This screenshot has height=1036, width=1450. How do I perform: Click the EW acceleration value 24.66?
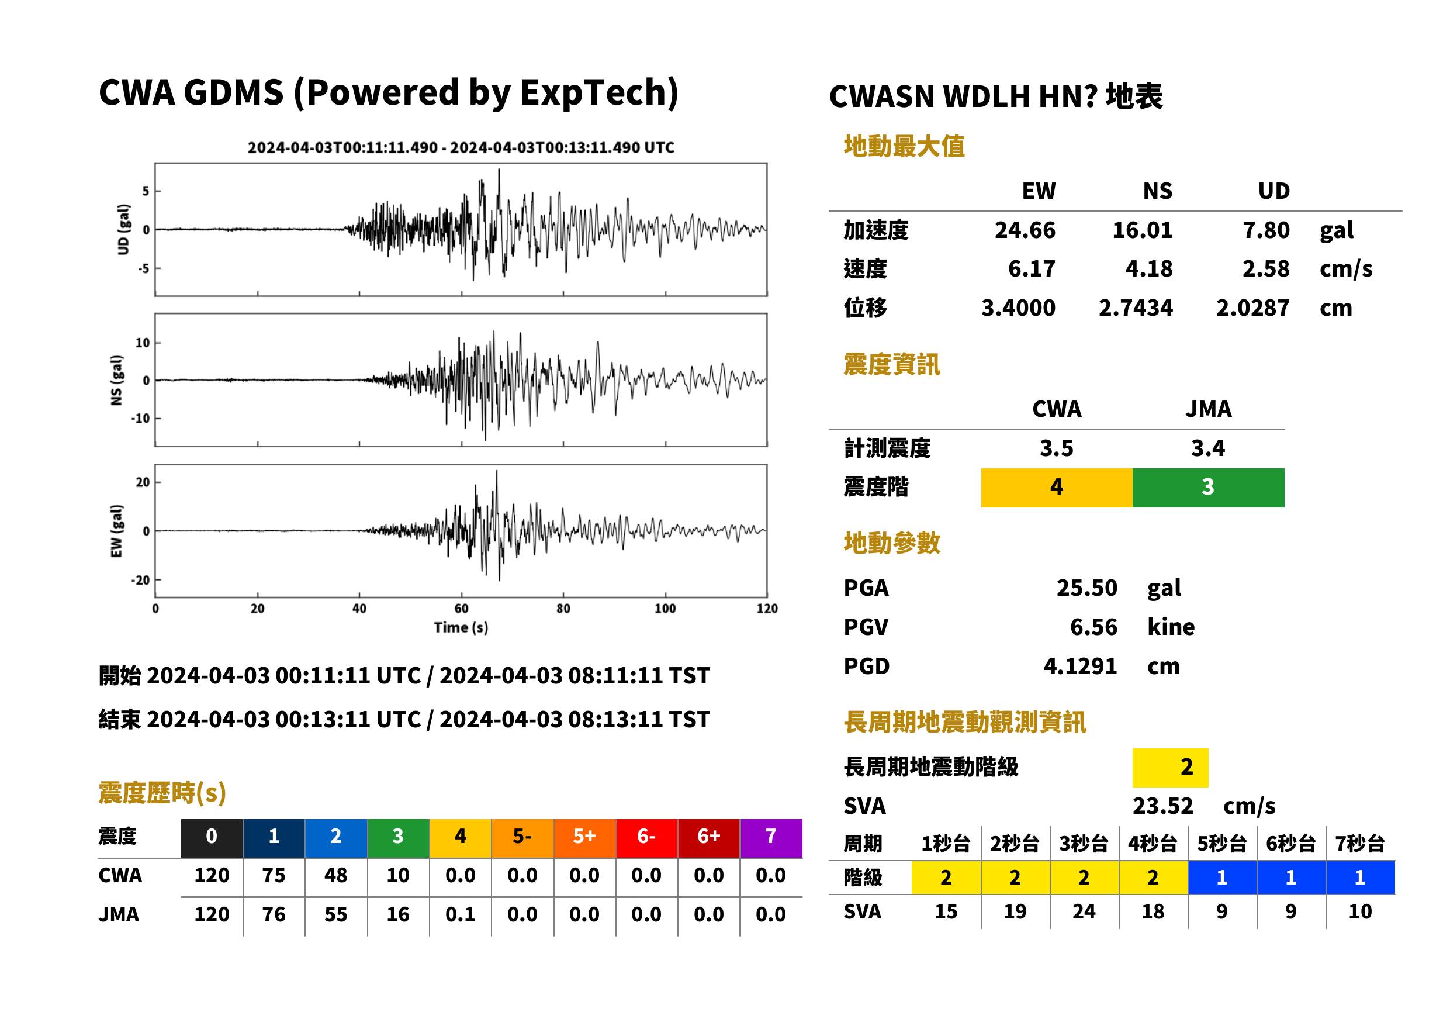1024,230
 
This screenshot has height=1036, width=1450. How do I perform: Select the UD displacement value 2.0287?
1252,308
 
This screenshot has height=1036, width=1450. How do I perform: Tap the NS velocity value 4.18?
1148,268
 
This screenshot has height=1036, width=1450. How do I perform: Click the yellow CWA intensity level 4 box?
1056,488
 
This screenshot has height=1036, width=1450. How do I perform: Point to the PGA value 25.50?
1086,588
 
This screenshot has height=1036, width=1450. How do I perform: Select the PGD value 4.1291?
1080,666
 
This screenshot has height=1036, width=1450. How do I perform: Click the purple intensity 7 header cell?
771,838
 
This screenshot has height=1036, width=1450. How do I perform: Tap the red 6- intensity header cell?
646,838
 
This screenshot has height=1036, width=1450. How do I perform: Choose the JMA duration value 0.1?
460,914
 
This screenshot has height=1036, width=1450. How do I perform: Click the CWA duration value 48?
335,875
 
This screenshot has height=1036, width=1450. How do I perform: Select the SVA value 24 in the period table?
1084,911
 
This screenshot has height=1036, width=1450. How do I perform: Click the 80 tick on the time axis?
563,609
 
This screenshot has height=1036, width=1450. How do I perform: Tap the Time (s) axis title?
461,627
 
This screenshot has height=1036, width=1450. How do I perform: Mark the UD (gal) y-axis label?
123,230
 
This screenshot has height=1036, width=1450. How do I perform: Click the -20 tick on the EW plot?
140,581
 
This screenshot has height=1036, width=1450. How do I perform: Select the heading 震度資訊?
891,364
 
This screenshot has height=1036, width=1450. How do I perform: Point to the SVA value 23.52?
1162,806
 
